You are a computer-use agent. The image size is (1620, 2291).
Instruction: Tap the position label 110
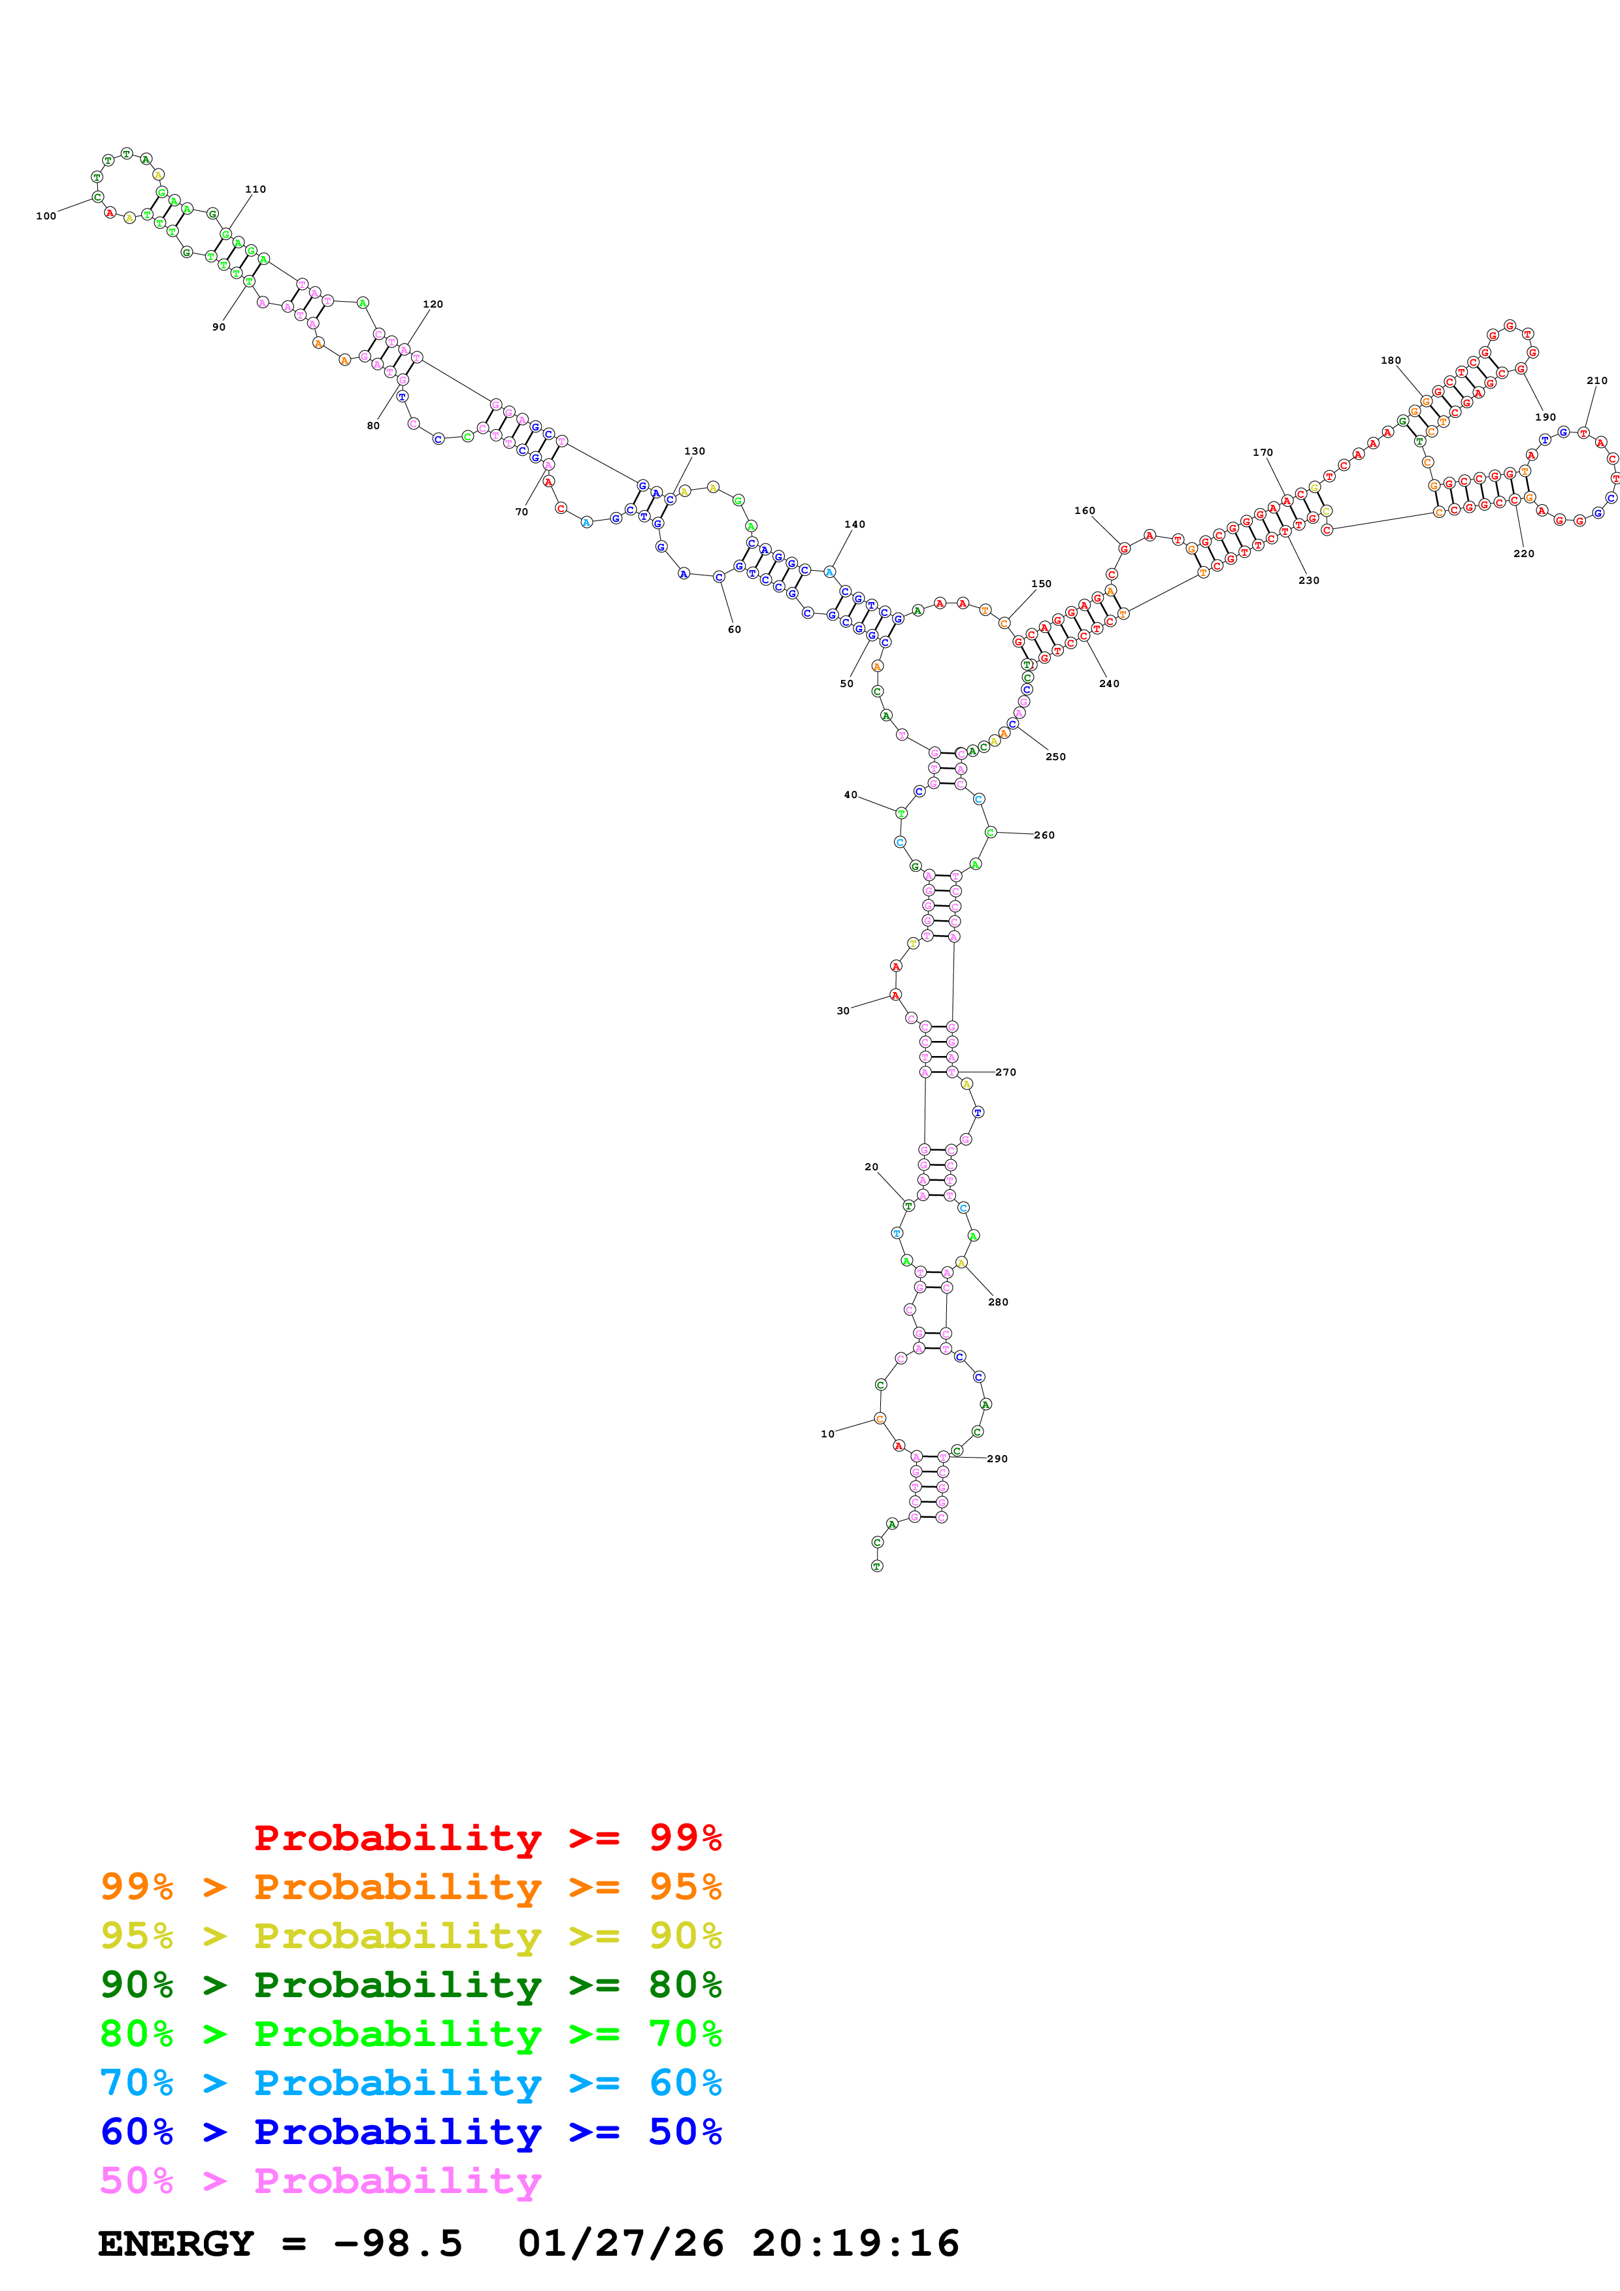(x=256, y=189)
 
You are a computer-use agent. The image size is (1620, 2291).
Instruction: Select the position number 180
(x=1391, y=361)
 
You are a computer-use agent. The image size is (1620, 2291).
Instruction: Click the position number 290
(x=997, y=1459)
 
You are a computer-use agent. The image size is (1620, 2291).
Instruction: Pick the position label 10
(x=827, y=1435)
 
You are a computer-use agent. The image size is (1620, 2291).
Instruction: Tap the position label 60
(x=735, y=630)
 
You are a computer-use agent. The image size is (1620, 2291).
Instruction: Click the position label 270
(x=1005, y=1072)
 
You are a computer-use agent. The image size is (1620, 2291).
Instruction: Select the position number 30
(x=842, y=1011)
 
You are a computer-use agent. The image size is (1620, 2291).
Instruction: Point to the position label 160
(x=1085, y=511)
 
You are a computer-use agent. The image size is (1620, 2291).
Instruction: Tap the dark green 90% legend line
(x=410, y=1985)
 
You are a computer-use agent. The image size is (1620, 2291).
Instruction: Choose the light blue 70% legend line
(x=410, y=2083)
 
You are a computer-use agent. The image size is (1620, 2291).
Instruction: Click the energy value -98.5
(x=398, y=2244)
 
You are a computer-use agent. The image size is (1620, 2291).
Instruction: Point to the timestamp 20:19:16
(x=855, y=2244)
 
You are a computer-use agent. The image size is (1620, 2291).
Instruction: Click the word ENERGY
(x=176, y=2244)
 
